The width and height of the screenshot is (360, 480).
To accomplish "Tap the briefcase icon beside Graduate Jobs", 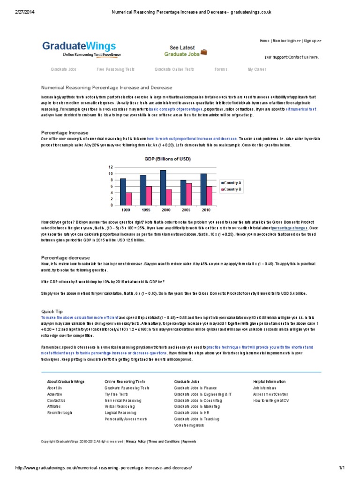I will click(x=204, y=52).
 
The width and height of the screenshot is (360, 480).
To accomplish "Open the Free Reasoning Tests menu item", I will click(x=115, y=69).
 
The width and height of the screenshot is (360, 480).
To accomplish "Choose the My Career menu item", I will click(x=257, y=69).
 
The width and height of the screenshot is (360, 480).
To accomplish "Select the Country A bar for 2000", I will click(x=163, y=187).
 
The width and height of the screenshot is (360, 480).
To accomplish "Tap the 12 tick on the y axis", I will click(x=111, y=167).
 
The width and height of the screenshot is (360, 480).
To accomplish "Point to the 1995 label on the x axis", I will click(x=146, y=210).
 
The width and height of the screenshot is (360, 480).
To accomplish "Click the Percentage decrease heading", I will click(x=66, y=257).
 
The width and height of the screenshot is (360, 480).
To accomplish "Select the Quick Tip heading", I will click(x=52, y=311).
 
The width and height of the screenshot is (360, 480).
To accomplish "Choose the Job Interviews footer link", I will click(x=264, y=388).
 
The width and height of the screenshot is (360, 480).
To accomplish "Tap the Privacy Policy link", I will click(x=135, y=441).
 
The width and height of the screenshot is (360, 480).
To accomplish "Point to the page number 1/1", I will click(x=341, y=468).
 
